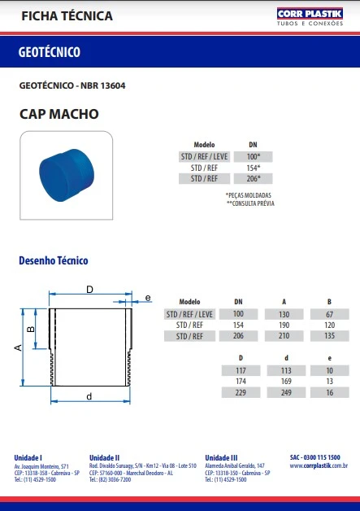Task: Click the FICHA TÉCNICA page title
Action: pyautogui.click(x=55, y=16)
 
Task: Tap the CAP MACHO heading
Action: pyautogui.click(x=58, y=114)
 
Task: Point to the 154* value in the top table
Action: pyautogui.click(x=253, y=167)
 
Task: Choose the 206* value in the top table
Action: pyautogui.click(x=253, y=178)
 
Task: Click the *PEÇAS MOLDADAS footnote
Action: pyautogui.click(x=249, y=195)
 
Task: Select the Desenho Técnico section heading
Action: pyautogui.click(x=53, y=261)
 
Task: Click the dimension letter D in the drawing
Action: pyautogui.click(x=89, y=290)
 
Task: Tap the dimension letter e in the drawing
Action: pyautogui.click(x=147, y=299)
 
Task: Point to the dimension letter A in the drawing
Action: pyautogui.click(x=18, y=347)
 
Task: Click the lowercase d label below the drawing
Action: pyautogui.click(x=89, y=396)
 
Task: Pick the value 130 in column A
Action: pyautogui.click(x=284, y=313)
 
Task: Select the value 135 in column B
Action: pyautogui.click(x=329, y=336)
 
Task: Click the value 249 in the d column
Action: pyautogui.click(x=284, y=393)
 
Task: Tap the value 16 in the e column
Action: pyautogui.click(x=329, y=393)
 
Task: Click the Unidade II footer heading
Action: pyautogui.click(x=105, y=457)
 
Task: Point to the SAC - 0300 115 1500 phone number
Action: pyautogui.click(x=315, y=457)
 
